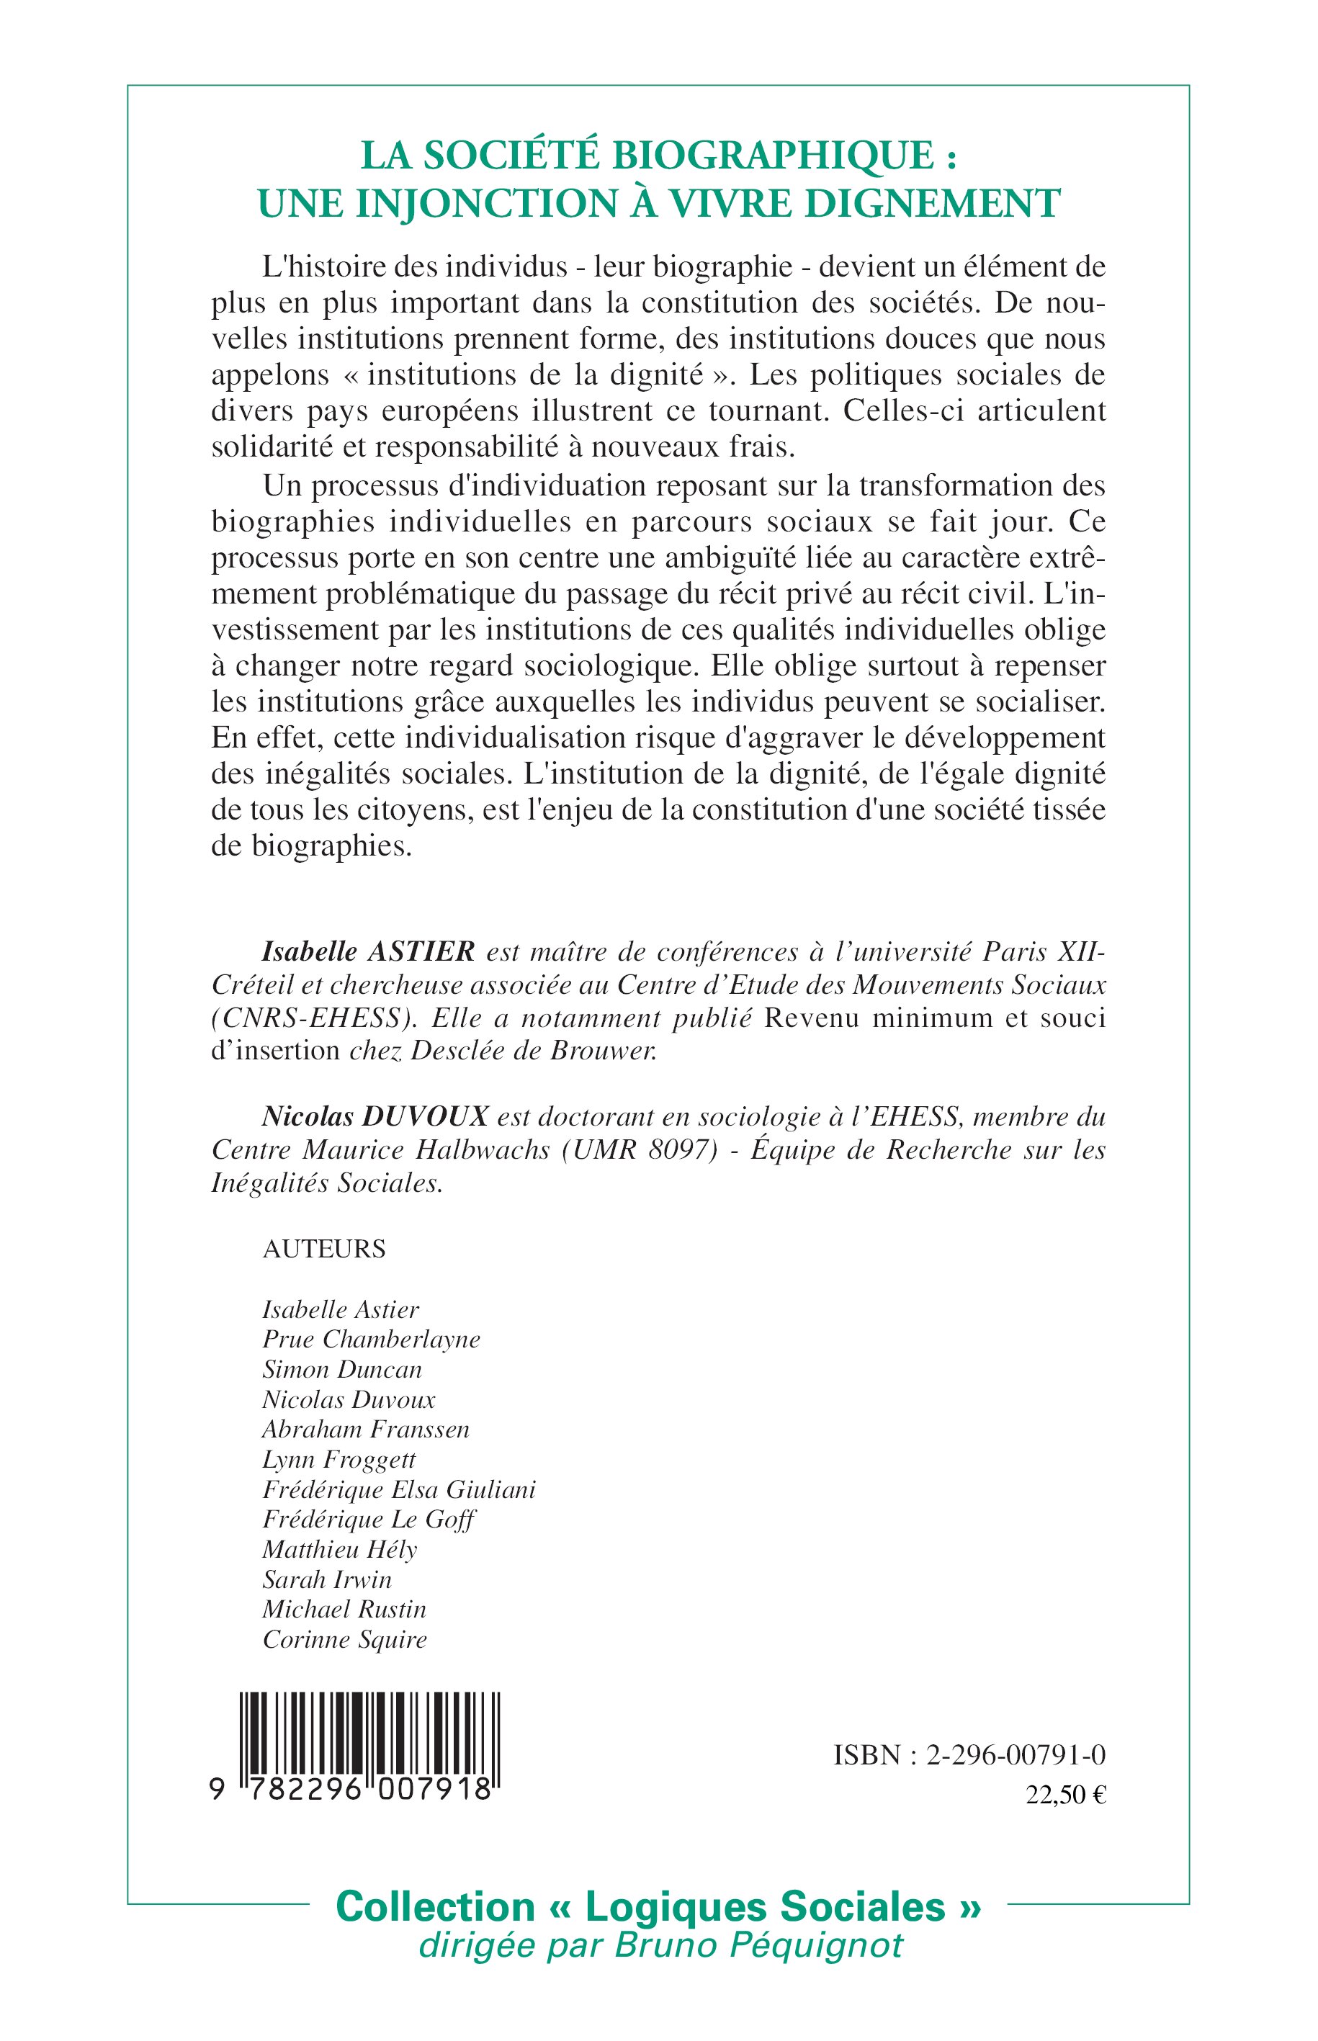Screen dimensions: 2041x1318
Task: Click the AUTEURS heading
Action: [x=323, y=1249]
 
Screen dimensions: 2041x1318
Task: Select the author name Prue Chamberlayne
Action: [x=372, y=1340]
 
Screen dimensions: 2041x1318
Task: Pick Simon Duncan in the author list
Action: [x=342, y=1369]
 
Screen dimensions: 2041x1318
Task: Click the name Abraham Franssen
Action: [x=365, y=1429]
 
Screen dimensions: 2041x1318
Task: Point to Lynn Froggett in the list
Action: [x=339, y=1460]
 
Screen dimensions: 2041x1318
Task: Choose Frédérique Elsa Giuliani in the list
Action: [x=399, y=1490]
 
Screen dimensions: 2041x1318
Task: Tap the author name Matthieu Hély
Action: [x=340, y=1550]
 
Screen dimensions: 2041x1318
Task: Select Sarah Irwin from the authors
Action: [x=327, y=1580]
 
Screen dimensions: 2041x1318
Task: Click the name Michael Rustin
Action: [x=344, y=1610]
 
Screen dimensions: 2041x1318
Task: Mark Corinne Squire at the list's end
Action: [x=344, y=1640]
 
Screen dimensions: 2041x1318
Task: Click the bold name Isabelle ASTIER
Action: [x=368, y=951]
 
